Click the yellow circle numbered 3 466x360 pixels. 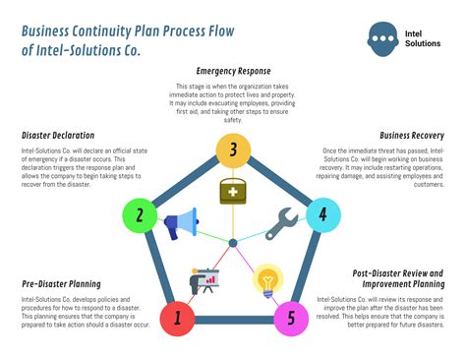click(233, 150)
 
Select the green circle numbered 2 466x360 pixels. click(140, 215)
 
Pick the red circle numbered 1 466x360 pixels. click(178, 318)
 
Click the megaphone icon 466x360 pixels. click(182, 223)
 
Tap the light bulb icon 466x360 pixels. click(266, 281)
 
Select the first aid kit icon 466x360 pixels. click(233, 192)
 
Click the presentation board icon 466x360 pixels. click(204, 281)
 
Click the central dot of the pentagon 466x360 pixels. click(233, 242)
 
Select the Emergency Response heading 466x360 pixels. click(233, 72)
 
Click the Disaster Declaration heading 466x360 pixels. click(58, 136)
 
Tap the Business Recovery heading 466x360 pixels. click(412, 136)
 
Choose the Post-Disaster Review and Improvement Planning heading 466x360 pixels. click(399, 278)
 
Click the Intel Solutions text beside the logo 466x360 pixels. click(424, 38)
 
